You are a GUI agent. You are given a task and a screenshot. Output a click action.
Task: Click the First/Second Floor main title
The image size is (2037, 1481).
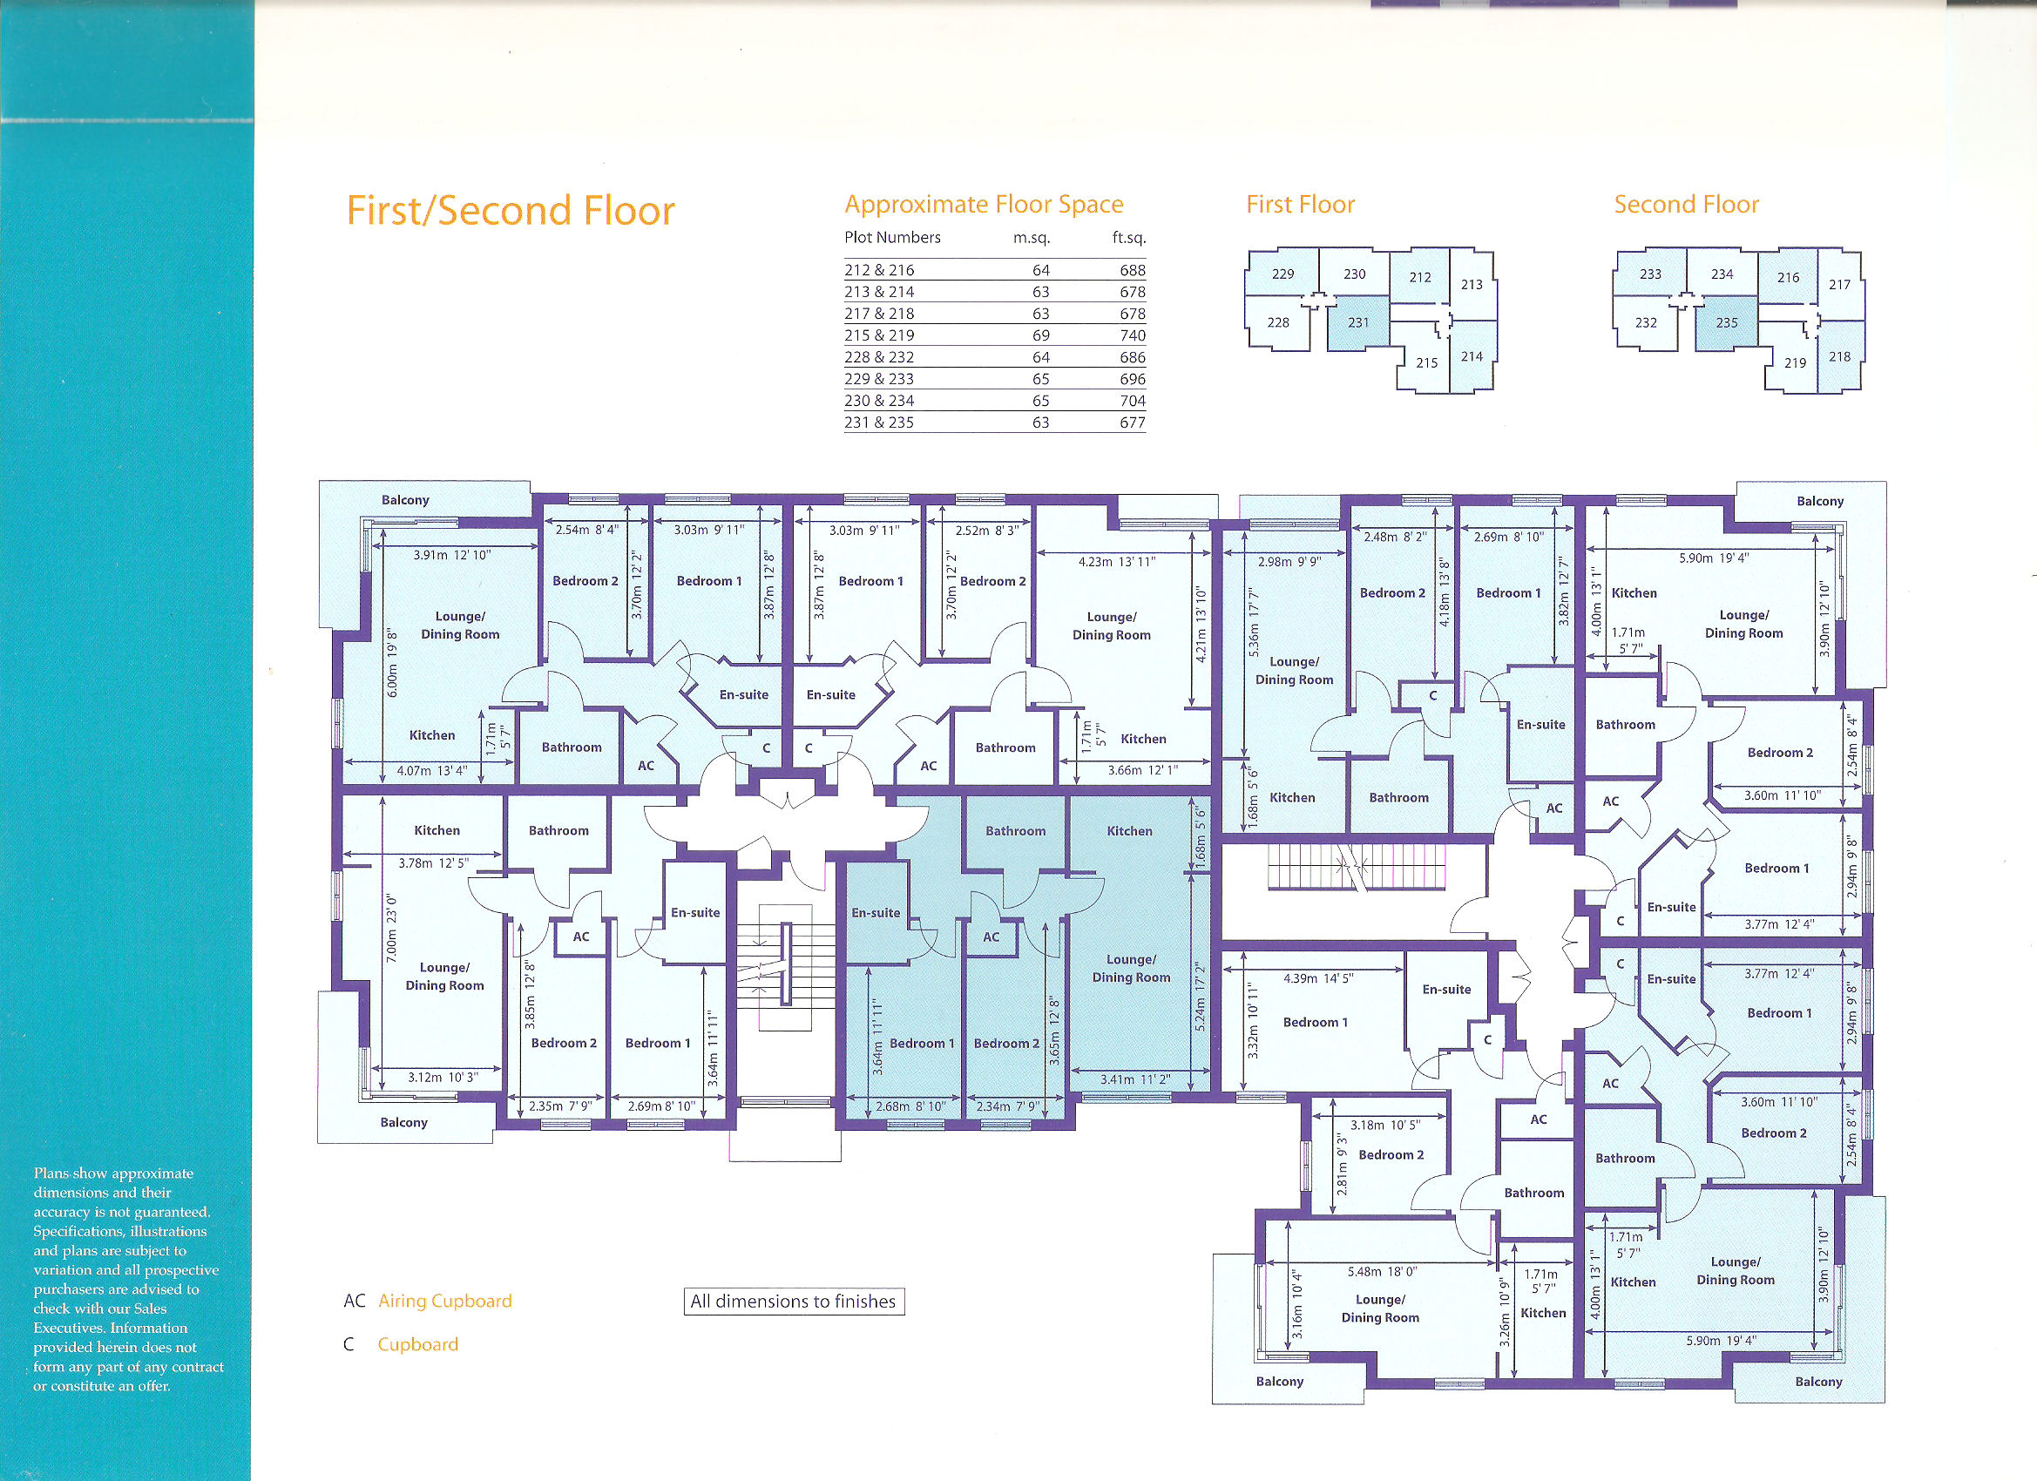point(511,210)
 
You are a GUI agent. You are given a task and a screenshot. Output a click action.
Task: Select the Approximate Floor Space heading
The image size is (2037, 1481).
point(984,205)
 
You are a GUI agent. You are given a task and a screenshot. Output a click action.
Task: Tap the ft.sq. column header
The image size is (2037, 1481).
point(1129,238)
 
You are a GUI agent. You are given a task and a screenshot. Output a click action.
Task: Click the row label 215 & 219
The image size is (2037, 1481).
point(879,335)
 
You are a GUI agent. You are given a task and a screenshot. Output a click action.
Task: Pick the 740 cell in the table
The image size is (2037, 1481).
point(1133,335)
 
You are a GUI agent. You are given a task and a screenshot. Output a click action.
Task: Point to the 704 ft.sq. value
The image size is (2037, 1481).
point(1133,401)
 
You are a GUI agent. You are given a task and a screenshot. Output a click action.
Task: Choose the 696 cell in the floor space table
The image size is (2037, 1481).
point(1133,379)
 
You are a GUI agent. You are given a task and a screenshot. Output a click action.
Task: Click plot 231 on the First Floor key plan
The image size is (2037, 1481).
point(1358,322)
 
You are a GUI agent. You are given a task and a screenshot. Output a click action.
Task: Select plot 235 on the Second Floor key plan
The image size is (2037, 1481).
point(1726,322)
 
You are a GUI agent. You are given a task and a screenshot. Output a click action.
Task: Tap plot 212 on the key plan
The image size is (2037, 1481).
point(1420,278)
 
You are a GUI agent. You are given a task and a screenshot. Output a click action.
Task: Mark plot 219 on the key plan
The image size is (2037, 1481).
point(1796,362)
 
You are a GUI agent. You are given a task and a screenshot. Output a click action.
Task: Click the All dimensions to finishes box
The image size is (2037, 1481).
point(794,1302)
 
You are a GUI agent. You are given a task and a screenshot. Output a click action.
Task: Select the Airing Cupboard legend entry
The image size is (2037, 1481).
point(428,1301)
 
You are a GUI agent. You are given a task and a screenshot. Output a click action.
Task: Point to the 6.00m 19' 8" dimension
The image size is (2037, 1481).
point(392,663)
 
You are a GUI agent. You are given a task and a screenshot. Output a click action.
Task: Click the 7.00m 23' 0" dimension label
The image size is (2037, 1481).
point(391,929)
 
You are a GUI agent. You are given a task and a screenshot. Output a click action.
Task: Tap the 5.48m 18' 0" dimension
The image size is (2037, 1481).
point(1382,1272)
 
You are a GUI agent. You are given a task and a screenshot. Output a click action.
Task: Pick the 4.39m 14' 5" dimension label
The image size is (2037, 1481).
point(1318,978)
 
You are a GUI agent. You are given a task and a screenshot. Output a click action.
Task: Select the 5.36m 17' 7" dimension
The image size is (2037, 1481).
point(1254,623)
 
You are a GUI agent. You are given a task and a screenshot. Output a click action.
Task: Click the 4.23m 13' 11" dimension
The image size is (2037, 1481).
point(1117,562)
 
